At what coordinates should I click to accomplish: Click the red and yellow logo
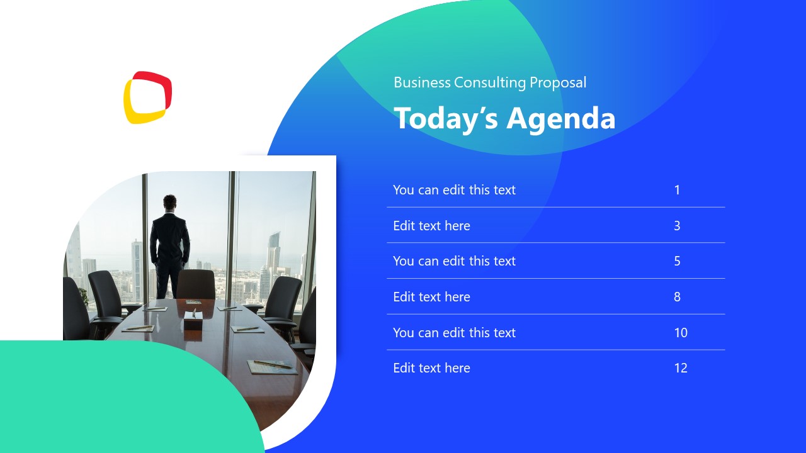147,97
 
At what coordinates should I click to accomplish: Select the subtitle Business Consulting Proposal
490,82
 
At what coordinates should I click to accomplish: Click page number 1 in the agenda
677,190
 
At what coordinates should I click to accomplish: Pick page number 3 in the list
677,226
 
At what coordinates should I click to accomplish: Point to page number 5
677,261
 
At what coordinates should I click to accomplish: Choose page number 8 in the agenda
677,297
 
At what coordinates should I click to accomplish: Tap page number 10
681,333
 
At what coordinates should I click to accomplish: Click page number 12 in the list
681,368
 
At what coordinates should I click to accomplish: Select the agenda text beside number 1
454,190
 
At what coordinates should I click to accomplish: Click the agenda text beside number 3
431,226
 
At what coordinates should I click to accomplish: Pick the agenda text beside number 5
454,261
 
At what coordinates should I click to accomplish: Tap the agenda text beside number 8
431,297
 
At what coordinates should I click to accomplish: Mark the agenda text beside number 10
454,333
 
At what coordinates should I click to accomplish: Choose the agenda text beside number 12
431,368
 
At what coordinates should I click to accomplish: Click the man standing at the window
169,245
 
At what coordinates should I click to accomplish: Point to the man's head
170,203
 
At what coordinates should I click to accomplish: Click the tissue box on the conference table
191,324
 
